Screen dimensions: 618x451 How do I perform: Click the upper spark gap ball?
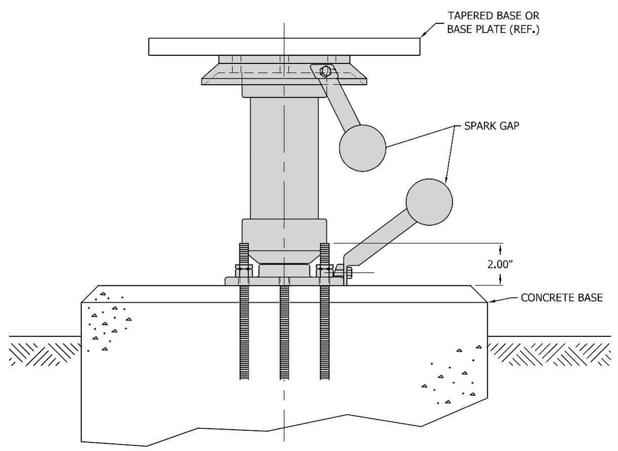(x=362, y=148)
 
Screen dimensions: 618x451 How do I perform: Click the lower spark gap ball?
(x=429, y=202)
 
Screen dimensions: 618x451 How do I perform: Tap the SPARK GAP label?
(x=492, y=126)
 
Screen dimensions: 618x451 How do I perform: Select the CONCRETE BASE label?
(x=562, y=297)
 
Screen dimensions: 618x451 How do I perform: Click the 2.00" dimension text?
(x=500, y=265)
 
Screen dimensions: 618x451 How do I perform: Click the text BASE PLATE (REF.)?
(x=493, y=29)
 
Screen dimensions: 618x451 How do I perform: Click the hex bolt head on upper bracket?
(x=325, y=71)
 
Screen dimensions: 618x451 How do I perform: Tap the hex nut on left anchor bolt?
(x=244, y=271)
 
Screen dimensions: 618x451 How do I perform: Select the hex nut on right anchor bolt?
(x=325, y=271)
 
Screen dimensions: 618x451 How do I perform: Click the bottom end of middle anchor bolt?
(x=284, y=379)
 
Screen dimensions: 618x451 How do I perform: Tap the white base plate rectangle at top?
(x=284, y=47)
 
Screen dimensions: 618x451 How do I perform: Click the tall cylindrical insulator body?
(x=284, y=159)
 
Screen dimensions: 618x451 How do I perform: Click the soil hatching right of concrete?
(x=549, y=354)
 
